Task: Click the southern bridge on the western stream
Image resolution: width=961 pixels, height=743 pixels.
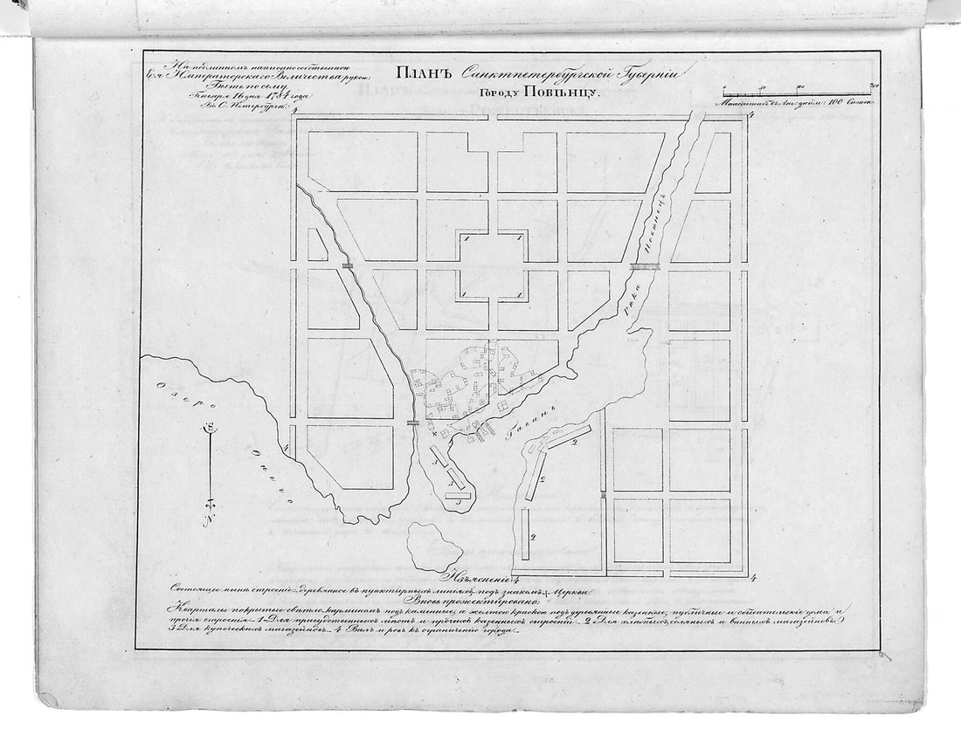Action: pos(413,422)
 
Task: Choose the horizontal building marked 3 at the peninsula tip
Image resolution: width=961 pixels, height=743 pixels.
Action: pos(459,497)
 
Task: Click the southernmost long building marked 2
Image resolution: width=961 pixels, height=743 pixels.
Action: pos(526,534)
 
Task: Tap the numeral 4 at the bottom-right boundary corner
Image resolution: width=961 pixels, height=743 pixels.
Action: pos(751,576)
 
